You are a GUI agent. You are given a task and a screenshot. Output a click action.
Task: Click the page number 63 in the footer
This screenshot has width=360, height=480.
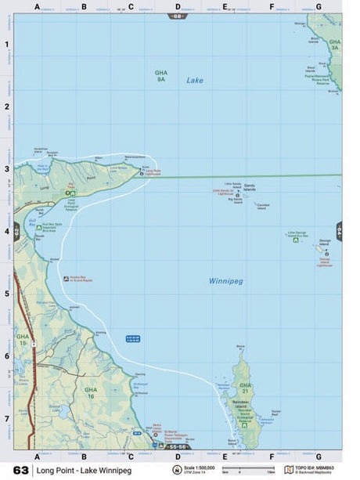(x=21, y=471)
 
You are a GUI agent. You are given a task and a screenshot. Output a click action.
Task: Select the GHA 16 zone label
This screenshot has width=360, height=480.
(x=92, y=392)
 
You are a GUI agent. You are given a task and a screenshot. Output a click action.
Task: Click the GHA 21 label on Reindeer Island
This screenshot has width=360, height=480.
(x=246, y=388)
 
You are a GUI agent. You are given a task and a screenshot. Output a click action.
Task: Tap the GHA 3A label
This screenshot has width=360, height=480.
(x=335, y=45)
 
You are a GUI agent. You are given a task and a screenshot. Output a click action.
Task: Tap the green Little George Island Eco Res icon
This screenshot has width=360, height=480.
(x=295, y=240)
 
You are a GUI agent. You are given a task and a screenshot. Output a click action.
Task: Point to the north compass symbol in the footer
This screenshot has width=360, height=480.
(x=177, y=471)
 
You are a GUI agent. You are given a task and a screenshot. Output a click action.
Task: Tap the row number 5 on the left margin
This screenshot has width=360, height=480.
(x=7, y=294)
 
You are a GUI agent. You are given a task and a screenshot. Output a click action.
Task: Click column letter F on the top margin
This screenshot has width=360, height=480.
(x=272, y=6)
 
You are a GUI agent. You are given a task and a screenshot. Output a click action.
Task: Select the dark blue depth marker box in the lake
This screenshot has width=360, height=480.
(x=134, y=337)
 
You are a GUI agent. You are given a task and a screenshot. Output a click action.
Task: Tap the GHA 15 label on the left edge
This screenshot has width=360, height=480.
(x=23, y=339)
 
